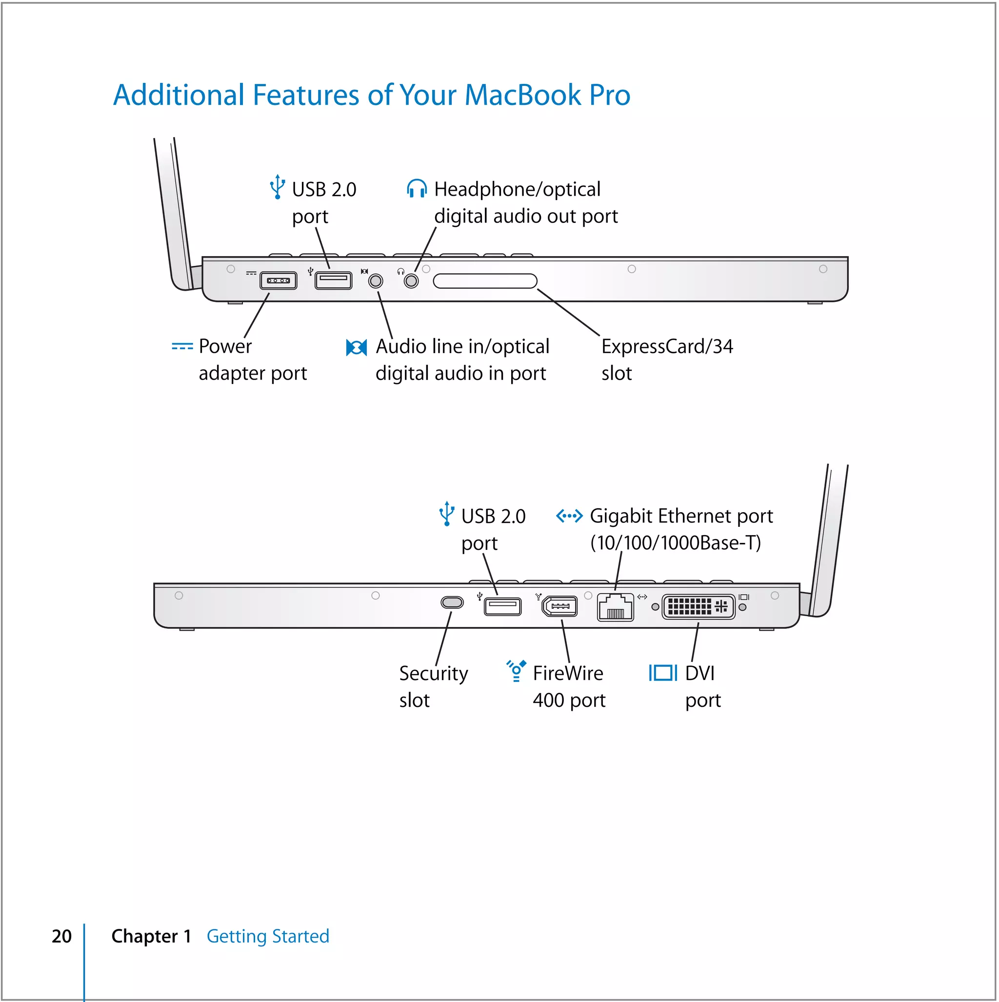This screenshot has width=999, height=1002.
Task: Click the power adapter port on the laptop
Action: (x=279, y=281)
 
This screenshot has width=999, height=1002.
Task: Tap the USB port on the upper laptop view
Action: (x=334, y=281)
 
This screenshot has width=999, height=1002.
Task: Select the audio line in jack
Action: (x=376, y=281)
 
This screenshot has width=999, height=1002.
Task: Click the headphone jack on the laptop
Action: (x=412, y=281)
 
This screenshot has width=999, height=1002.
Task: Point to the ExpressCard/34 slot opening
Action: (x=485, y=281)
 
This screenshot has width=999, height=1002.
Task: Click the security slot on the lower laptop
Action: (x=452, y=602)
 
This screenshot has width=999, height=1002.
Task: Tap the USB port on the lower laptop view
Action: (x=502, y=606)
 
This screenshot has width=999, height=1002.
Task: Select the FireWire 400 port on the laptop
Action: (x=560, y=606)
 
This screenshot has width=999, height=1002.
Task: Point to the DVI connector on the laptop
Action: (x=699, y=607)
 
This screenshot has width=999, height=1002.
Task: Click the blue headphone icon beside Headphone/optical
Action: (x=417, y=189)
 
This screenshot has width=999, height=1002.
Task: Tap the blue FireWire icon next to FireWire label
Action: (x=517, y=671)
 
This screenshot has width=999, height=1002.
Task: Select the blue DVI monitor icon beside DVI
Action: (x=663, y=673)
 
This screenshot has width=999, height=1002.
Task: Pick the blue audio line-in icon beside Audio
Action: (x=357, y=347)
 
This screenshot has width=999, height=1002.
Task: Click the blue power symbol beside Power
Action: (x=182, y=346)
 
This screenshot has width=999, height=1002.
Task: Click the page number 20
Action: (x=62, y=937)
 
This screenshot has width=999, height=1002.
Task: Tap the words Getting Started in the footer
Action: (x=268, y=937)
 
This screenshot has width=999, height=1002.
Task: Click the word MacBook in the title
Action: (x=523, y=96)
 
